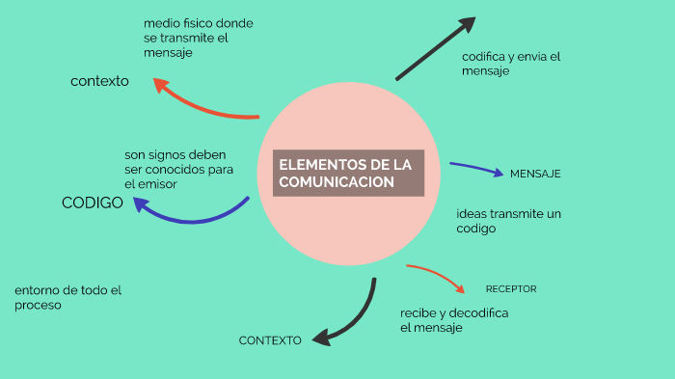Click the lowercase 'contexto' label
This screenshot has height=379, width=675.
pos(99,81)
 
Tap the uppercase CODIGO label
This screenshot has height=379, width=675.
pos(92,203)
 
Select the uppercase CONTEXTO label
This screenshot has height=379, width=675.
pos(270,340)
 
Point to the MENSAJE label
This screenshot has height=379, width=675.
pos(535,174)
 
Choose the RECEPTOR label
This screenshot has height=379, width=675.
pos(511,289)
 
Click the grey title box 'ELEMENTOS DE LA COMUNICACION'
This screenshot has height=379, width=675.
pos(348,174)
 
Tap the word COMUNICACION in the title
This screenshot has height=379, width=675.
pos(337,182)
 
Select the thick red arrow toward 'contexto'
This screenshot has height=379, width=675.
pos(202,103)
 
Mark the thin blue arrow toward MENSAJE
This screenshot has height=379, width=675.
pos(477,169)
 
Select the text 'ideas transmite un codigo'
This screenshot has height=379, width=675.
pos(508,221)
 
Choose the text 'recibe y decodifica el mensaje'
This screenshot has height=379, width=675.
pos(453,320)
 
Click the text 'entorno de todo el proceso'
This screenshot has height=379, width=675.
pos(67,297)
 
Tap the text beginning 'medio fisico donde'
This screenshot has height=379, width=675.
pos(199,38)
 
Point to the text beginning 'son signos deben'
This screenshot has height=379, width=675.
pos(179,170)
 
